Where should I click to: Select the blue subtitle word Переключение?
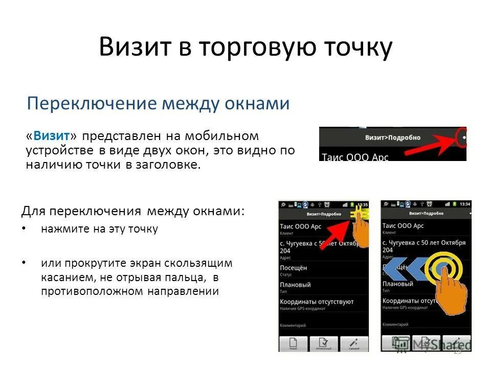pyautogui.click(x=92, y=104)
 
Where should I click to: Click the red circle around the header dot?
pyautogui.click(x=462, y=138)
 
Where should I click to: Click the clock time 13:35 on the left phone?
pyautogui.click(x=362, y=204)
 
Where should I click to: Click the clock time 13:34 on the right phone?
pyautogui.click(x=464, y=204)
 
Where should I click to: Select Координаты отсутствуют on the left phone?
pyautogui.click(x=317, y=302)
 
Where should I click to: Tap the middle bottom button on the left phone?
pyautogui.click(x=323, y=343)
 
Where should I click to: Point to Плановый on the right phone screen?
pyautogui.click(x=397, y=284)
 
